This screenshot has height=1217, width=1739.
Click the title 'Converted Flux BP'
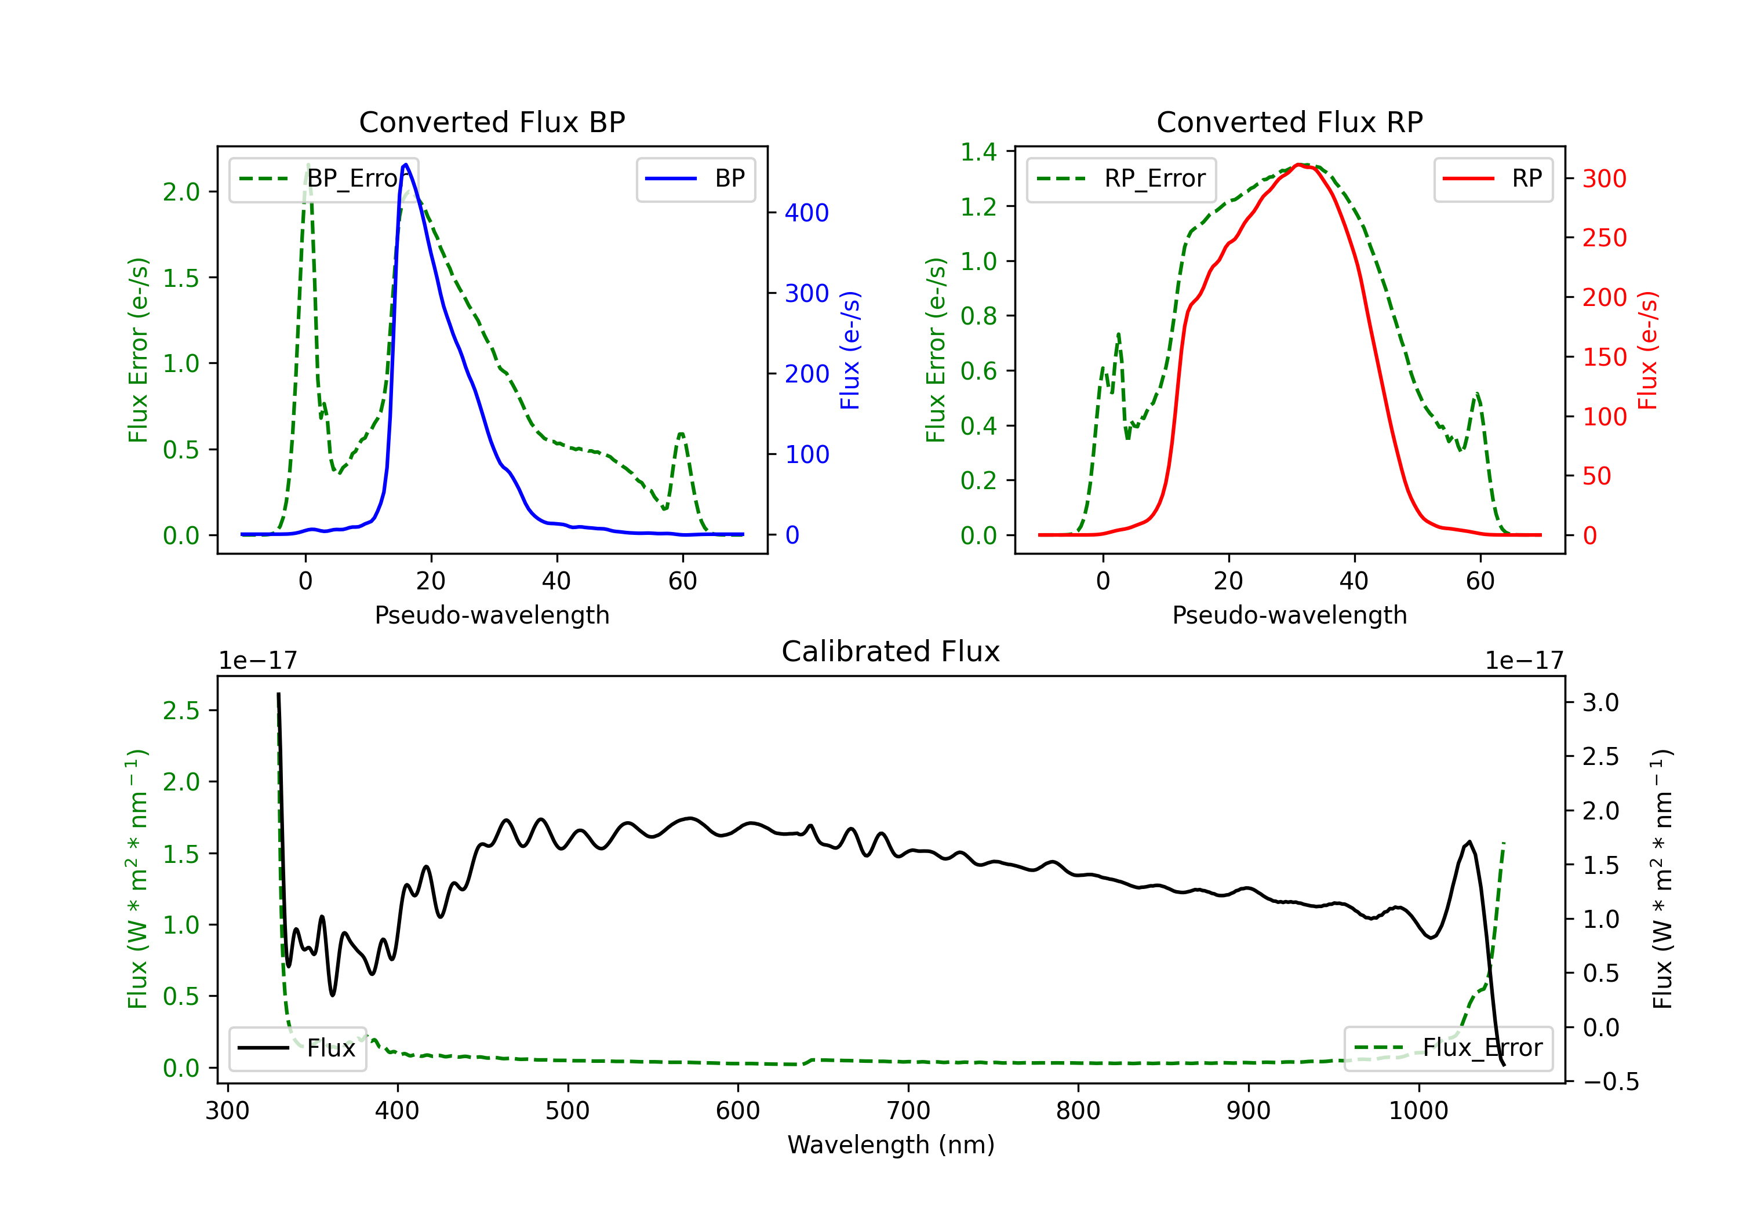(x=492, y=122)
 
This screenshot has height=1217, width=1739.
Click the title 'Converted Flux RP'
(x=1289, y=122)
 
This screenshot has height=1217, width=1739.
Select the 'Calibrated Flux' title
(x=891, y=651)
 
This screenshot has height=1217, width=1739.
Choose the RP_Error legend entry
(x=1121, y=178)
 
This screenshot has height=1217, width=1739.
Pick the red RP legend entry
(x=1493, y=178)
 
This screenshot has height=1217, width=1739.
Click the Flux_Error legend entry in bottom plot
(x=1448, y=1048)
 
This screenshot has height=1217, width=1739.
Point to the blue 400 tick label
(x=807, y=213)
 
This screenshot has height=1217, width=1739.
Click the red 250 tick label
(x=1604, y=238)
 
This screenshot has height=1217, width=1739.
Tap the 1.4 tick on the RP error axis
(x=978, y=152)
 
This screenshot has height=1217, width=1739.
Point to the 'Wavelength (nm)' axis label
(x=891, y=1145)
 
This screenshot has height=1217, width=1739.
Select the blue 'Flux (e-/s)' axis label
(x=850, y=350)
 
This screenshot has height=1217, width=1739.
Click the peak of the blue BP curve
(x=406, y=165)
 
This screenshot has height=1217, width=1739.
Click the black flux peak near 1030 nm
(x=1469, y=841)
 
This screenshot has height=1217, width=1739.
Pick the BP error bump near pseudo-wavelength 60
(x=681, y=434)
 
